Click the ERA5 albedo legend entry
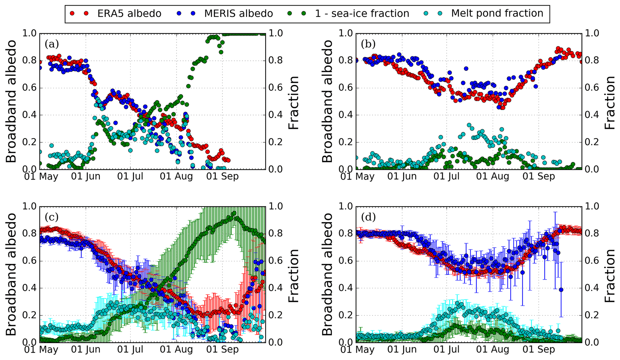coord(129,13)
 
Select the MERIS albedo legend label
coord(238,13)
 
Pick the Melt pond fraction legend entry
coord(497,13)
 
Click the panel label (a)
coord(52,44)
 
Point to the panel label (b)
coord(368,44)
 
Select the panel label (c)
coord(52,217)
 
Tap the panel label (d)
coord(368,217)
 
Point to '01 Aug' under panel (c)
coord(176,350)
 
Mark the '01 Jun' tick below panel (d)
coord(402,350)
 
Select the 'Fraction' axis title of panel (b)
coord(610,102)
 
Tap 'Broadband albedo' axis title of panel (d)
coord(328,274)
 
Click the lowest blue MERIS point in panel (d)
coord(561,289)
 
